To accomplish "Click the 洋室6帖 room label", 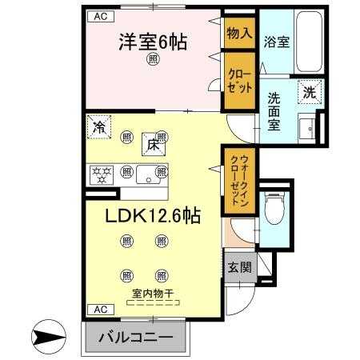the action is (153, 42).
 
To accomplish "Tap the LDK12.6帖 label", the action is (153, 216).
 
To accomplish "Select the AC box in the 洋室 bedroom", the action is (101, 17).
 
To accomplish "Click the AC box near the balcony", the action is (101, 310).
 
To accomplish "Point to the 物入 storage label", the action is (239, 33).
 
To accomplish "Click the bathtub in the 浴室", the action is (309, 42).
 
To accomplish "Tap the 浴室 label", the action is (277, 42).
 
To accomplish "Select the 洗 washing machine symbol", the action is (310, 92).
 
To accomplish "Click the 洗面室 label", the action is (274, 111).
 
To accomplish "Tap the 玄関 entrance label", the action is (239, 267).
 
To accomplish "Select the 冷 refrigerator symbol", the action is (99, 127).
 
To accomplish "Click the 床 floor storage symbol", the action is (153, 145).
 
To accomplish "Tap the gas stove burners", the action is (102, 175).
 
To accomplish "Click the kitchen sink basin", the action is (148, 174).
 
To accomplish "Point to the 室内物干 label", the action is (153, 294).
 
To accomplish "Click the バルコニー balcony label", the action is (136, 338).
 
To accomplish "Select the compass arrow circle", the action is (49, 337).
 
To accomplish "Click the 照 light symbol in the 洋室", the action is (153, 59).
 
